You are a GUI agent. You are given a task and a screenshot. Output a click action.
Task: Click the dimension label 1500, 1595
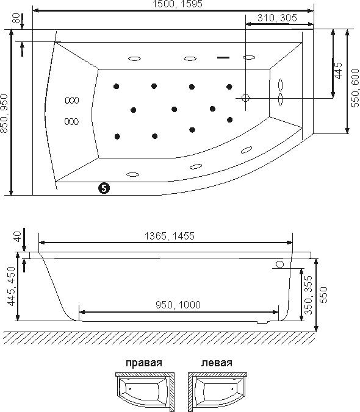pyautogui.click(x=178, y=4)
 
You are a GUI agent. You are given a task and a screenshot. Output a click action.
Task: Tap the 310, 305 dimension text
pyautogui.click(x=277, y=18)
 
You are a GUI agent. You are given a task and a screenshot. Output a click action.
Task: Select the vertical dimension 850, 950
pyautogui.click(x=4, y=113)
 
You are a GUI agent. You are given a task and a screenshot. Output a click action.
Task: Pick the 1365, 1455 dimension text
pyautogui.click(x=170, y=236)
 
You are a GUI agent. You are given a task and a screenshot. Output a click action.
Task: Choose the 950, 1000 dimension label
pyautogui.click(x=178, y=305)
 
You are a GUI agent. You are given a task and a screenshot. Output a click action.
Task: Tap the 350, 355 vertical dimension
pyautogui.click(x=308, y=295)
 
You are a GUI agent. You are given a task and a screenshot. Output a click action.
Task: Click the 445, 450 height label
pyautogui.click(x=12, y=286)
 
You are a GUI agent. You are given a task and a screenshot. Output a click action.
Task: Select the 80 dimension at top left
pyautogui.click(x=16, y=18)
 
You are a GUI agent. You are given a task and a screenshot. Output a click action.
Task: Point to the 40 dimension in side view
pyautogui.click(x=17, y=236)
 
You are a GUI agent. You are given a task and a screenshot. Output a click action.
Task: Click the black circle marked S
pyautogui.click(x=104, y=188)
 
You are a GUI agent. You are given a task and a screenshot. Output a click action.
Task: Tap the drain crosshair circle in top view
pyautogui.click(x=245, y=98)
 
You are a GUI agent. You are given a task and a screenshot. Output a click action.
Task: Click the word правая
pyautogui.click(x=144, y=363)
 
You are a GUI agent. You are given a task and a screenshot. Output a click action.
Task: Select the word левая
pyautogui.click(x=217, y=363)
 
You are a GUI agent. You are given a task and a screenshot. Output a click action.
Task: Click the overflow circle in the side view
pyautogui.click(x=280, y=265)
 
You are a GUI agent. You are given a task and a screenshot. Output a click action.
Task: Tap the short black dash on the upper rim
pyautogui.click(x=223, y=57)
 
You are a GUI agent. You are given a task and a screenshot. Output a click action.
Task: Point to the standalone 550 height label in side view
pyautogui.click(x=324, y=295)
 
